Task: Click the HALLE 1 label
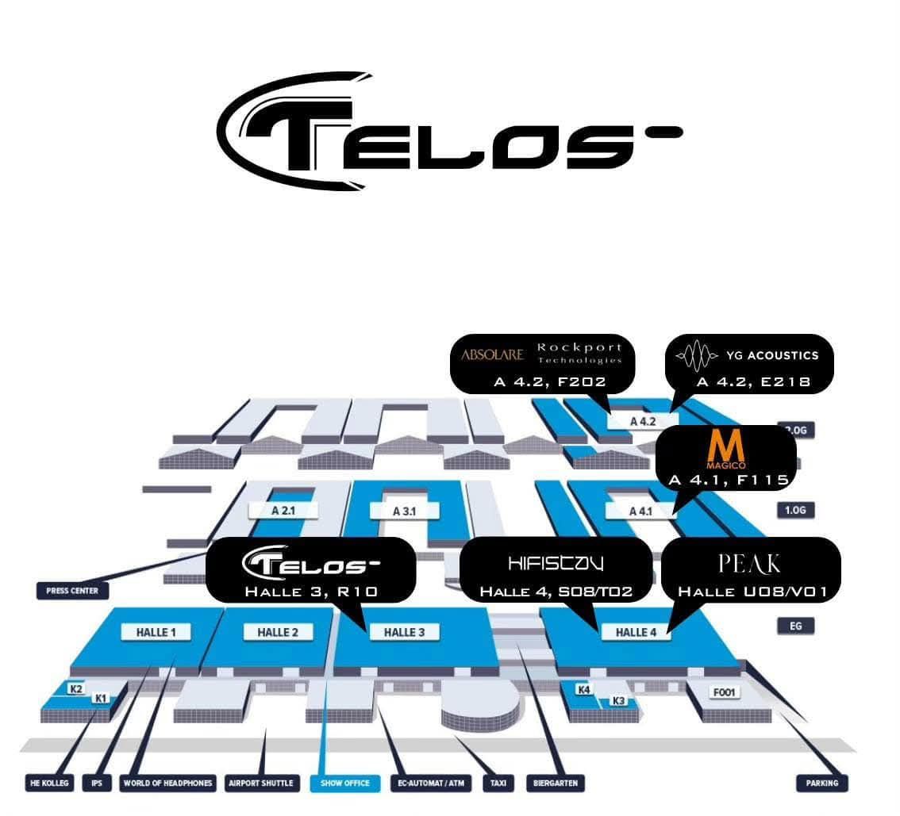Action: pyautogui.click(x=157, y=632)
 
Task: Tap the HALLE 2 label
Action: pyautogui.click(x=278, y=632)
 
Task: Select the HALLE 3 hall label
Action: pyautogui.click(x=404, y=632)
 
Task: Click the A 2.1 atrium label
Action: pyautogui.click(x=283, y=511)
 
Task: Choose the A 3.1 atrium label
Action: pyautogui.click(x=404, y=511)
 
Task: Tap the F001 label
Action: pyautogui.click(x=725, y=692)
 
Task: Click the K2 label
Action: pyautogui.click(x=76, y=688)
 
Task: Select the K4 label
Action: pyautogui.click(x=584, y=689)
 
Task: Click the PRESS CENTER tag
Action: pyautogui.click(x=72, y=591)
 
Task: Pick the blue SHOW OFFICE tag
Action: pyautogui.click(x=345, y=783)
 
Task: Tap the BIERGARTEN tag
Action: pyautogui.click(x=556, y=783)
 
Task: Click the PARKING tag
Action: pyautogui.click(x=821, y=783)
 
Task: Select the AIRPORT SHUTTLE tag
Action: pyautogui.click(x=260, y=783)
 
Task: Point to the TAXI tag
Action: pyautogui.click(x=498, y=783)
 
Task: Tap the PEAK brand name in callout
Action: pyautogui.click(x=749, y=564)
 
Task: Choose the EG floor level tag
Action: pyautogui.click(x=795, y=626)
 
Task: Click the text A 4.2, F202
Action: pyautogui.click(x=549, y=381)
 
